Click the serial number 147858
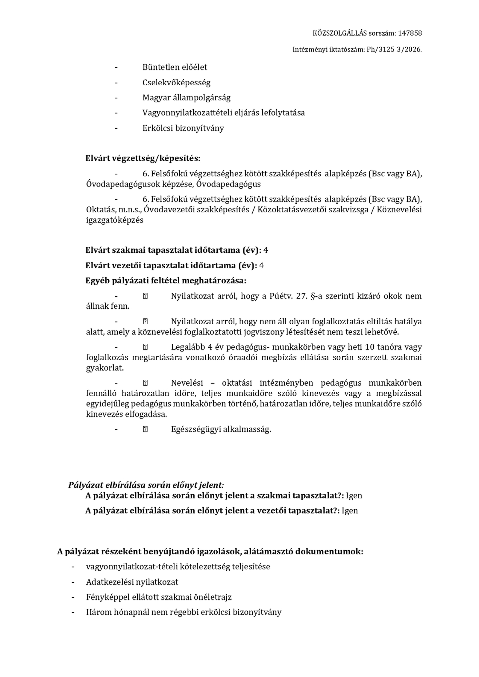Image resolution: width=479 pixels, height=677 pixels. pyautogui.click(x=410, y=33)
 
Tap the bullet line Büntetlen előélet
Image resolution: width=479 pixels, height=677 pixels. pyautogui.click(x=175, y=67)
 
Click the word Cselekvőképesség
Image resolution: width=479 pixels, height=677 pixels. pyautogui.click(x=176, y=83)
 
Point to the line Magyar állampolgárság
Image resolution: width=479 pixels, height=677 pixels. pyautogui.click(x=186, y=98)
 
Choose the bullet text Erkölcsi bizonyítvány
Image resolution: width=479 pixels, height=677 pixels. pyautogui.click(x=183, y=128)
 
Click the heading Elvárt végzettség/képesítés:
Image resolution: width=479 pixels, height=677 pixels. pyautogui.click(x=143, y=158)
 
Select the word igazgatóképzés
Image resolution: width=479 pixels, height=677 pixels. pyautogui.click(x=115, y=220)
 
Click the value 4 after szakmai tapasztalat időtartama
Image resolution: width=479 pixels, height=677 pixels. pyautogui.click(x=266, y=250)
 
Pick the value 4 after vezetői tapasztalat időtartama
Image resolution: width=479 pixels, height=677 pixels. pyautogui.click(x=261, y=266)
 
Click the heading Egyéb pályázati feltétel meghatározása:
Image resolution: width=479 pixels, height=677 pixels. pyautogui.click(x=166, y=281)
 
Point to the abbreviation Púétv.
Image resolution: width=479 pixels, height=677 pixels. pyautogui.click(x=281, y=296)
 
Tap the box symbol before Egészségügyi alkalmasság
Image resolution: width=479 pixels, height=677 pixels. pyautogui.click(x=145, y=429)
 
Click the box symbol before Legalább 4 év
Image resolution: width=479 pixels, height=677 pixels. pyautogui.click(x=145, y=347)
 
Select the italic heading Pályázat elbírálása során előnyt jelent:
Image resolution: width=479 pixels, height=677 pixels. pyautogui.click(x=146, y=485)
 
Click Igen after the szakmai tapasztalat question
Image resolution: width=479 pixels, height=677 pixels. pyautogui.click(x=354, y=496)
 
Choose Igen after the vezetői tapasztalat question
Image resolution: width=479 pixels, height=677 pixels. pyautogui.click(x=350, y=511)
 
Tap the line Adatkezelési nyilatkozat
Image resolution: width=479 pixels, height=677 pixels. pyautogui.click(x=132, y=582)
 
